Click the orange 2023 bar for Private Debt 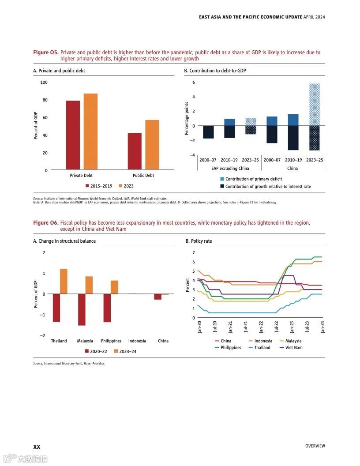90,132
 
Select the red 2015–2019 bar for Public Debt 135,151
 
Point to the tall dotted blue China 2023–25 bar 314,105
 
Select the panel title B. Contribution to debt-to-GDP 215,71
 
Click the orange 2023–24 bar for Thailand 64,282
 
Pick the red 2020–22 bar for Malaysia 82,309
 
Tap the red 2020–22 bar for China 157,297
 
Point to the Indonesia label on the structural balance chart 137,341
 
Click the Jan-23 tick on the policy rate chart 292,327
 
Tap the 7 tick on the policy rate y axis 193,252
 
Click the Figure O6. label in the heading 45,223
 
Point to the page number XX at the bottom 37,447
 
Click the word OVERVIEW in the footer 315,446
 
